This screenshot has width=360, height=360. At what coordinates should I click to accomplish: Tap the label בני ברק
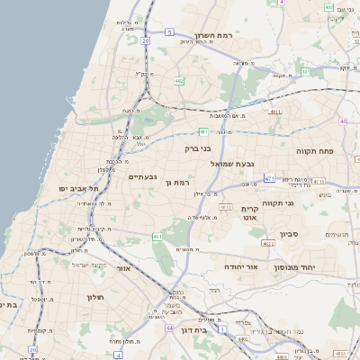197,148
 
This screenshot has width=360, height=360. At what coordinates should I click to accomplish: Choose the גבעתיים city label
142,177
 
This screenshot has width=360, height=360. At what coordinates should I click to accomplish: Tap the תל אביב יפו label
76,189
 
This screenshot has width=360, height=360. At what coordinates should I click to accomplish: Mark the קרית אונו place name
250,212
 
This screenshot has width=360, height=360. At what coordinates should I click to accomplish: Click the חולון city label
96,297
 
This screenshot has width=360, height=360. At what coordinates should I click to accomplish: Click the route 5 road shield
169,31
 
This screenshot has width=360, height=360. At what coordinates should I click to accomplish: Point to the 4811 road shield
274,112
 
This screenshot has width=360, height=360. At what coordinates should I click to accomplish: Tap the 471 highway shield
270,179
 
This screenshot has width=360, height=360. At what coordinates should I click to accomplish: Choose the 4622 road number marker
268,243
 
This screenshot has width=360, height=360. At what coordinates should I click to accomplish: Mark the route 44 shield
169,328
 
